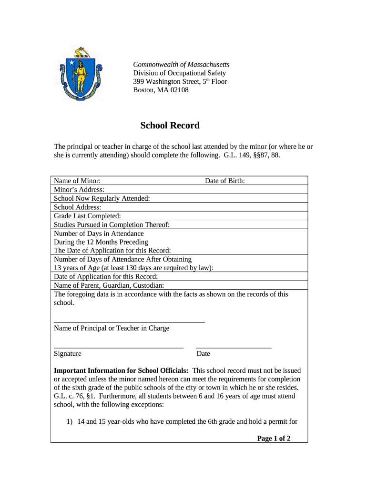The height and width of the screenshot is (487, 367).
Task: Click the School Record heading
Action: point(170,126)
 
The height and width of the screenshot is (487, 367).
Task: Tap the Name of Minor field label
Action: point(77,181)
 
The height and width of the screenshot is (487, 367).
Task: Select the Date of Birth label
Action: point(225,181)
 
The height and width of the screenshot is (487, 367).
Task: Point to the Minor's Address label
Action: point(79,189)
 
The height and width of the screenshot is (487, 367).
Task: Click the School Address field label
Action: point(78,207)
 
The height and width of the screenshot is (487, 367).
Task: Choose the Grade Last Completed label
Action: point(87,215)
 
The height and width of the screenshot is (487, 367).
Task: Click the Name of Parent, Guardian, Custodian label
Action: point(109,285)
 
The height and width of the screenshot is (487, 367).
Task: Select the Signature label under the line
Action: point(68,353)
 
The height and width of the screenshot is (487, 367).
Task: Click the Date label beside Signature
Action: point(203,353)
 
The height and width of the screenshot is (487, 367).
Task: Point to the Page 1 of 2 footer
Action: point(274,438)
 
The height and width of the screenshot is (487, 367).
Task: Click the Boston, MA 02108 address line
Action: point(161,90)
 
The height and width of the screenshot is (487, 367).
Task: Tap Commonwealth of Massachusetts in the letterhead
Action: point(181,64)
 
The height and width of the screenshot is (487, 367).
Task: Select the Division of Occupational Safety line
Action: point(179,73)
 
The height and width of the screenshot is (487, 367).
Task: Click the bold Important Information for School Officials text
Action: point(121,370)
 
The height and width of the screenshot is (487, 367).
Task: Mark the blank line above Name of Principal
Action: point(129,322)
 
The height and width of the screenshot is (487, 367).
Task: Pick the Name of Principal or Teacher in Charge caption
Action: point(112,328)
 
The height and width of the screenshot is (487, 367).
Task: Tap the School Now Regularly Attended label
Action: point(102,198)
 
